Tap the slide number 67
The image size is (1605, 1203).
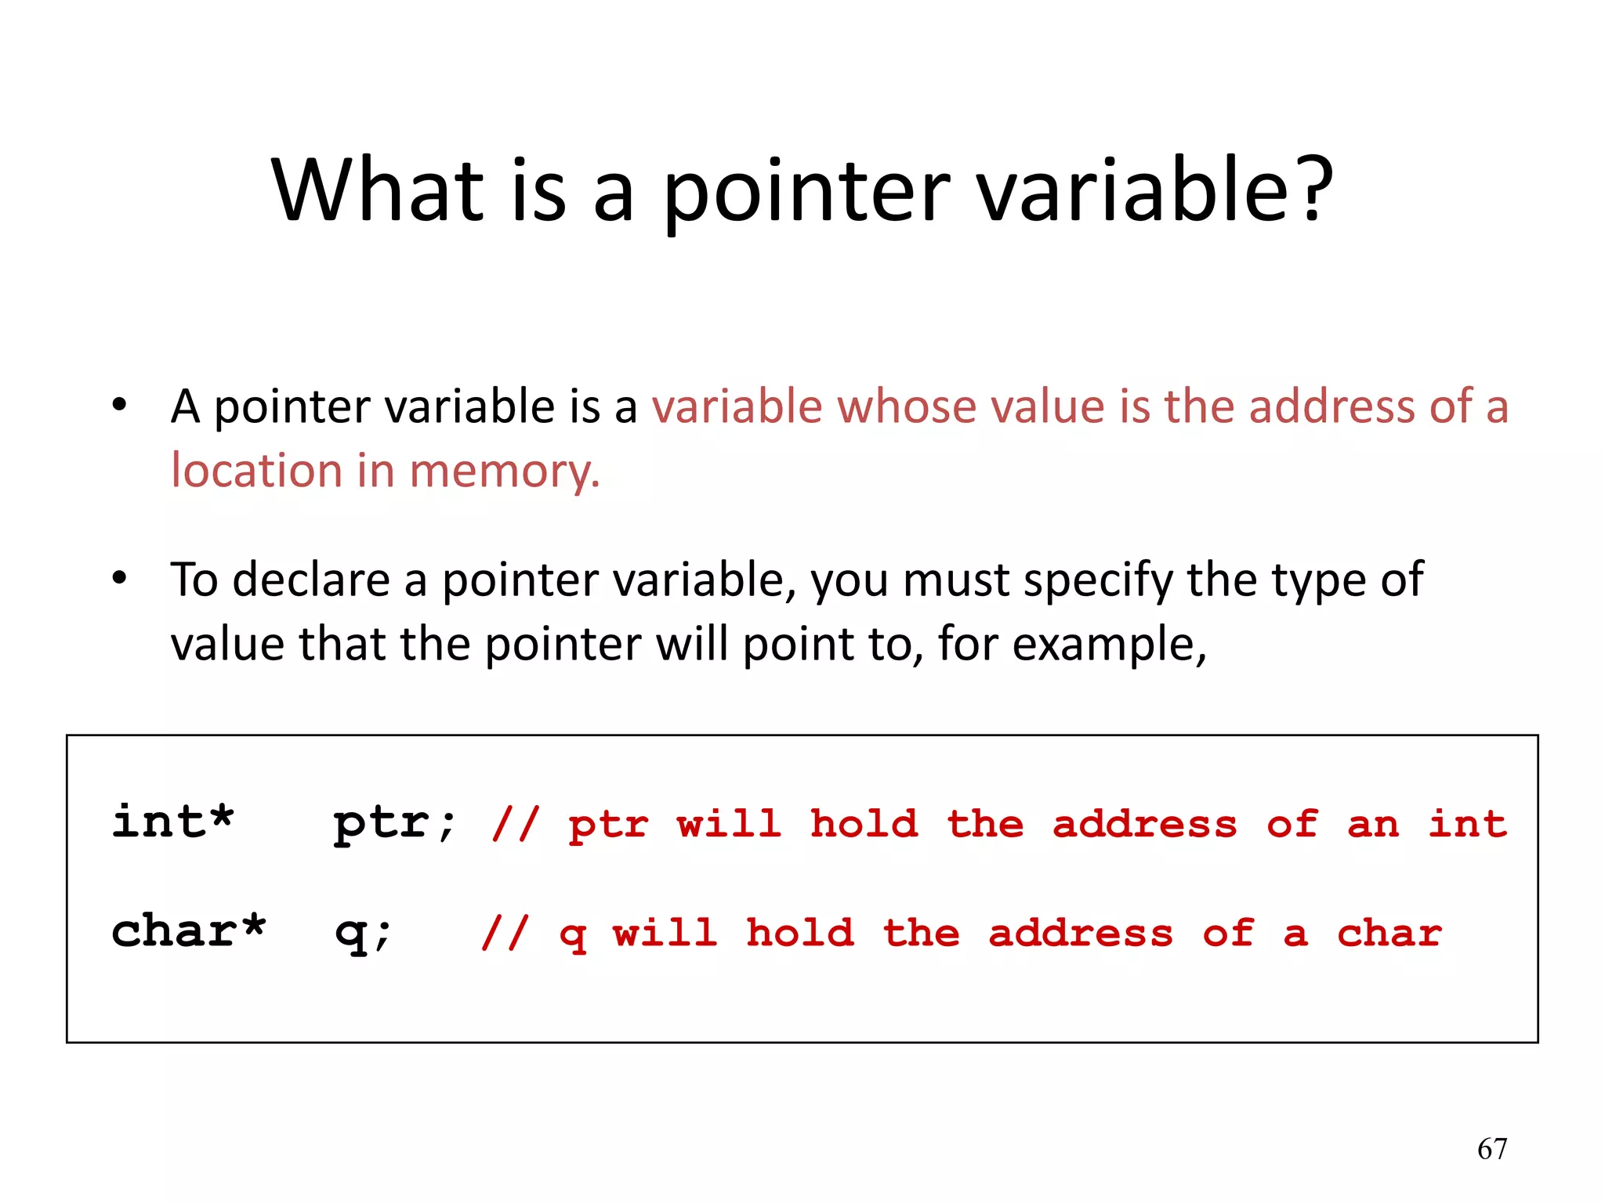(x=1491, y=1149)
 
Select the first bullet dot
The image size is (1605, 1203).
(x=119, y=405)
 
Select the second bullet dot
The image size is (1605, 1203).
(x=119, y=579)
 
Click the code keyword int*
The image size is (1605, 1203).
(x=172, y=822)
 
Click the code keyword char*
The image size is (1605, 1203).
(x=188, y=931)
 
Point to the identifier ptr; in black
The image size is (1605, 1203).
(x=394, y=824)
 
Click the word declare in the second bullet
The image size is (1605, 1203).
(x=310, y=580)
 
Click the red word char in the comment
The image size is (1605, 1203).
(x=1389, y=933)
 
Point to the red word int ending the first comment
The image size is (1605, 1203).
(x=1467, y=824)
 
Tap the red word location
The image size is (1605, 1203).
(x=256, y=471)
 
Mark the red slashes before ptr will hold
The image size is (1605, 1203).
(x=515, y=824)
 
